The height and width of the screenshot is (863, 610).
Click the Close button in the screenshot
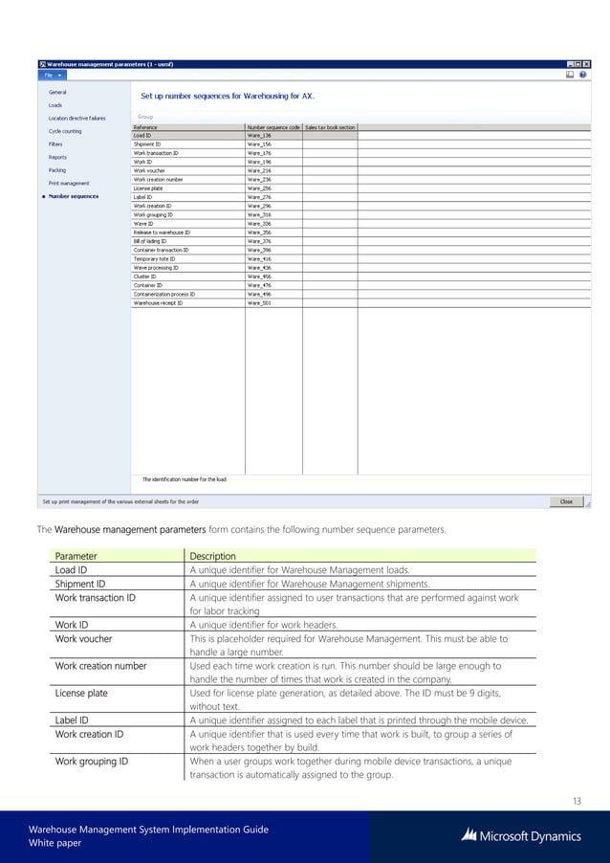[x=566, y=500]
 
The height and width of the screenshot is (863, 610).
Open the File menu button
[x=52, y=74]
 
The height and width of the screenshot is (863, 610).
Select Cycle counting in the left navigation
[x=65, y=131]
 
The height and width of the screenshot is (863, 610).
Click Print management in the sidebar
[x=69, y=183]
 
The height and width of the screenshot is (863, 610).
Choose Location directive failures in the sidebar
[x=77, y=118]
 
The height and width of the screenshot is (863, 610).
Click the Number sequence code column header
[x=273, y=126]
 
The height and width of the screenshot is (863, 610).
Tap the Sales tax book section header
[x=330, y=126]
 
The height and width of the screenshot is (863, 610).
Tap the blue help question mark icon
[x=582, y=74]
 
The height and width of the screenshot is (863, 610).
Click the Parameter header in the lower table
[x=76, y=556]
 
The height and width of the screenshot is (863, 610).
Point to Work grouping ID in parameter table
[x=92, y=762]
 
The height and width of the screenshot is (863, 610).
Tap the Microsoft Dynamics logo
[x=520, y=835]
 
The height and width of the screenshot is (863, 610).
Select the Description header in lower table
[x=212, y=556]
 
